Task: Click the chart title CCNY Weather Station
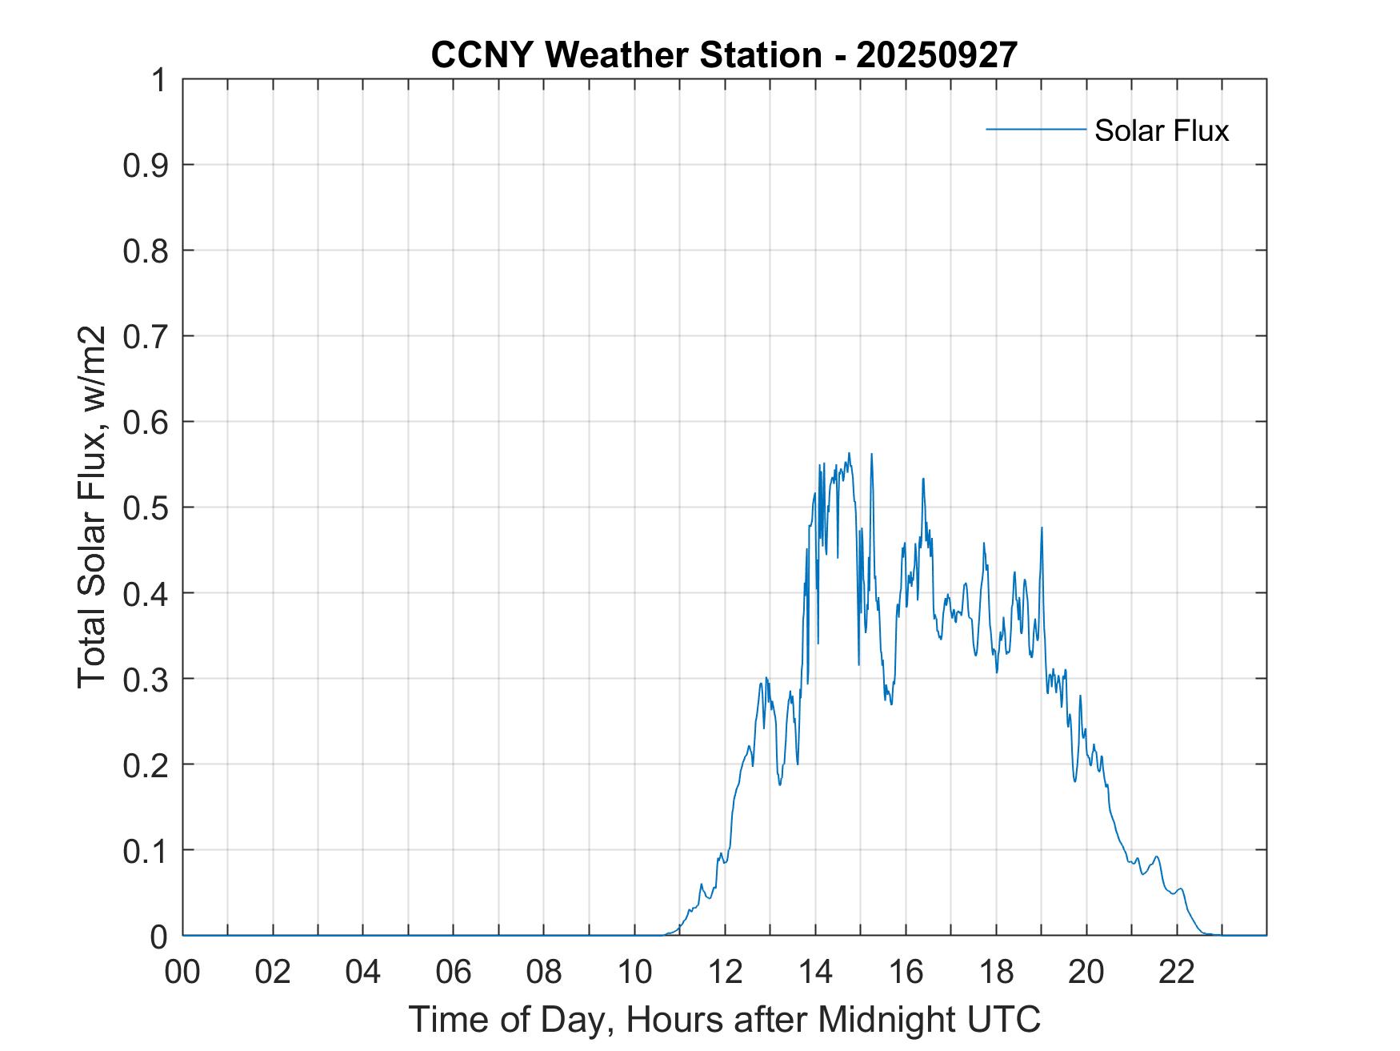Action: click(626, 55)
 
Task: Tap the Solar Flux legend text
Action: click(1161, 130)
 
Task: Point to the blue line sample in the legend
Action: click(1035, 129)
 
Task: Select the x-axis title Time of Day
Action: click(724, 1019)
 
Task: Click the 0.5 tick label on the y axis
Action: click(146, 507)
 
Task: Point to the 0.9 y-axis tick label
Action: click(146, 165)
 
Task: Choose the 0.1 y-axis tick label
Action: click(146, 850)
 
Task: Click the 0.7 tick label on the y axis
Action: click(146, 336)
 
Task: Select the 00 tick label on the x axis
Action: click(182, 972)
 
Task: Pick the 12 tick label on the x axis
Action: click(725, 972)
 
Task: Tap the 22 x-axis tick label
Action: click(1177, 972)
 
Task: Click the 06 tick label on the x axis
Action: click(454, 972)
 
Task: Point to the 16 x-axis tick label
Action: click(906, 972)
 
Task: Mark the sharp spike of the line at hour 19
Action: click(1042, 528)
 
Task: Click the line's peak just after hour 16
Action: click(923, 479)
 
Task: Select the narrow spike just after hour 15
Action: click(871, 455)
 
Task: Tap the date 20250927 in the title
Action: click(937, 55)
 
